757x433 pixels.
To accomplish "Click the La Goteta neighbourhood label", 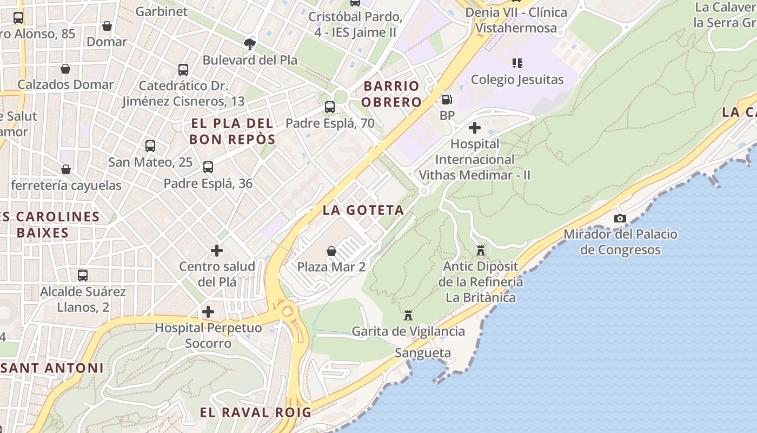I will [x=363, y=210].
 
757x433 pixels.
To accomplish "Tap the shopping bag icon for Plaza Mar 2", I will [x=331, y=251].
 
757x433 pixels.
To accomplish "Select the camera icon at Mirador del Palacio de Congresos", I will [x=620, y=219].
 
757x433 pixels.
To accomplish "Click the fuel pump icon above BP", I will [x=447, y=100].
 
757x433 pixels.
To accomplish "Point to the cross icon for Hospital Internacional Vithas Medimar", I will [x=474, y=128].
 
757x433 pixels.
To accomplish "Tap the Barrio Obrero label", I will [x=391, y=94].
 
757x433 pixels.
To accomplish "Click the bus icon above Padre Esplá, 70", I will [x=329, y=107].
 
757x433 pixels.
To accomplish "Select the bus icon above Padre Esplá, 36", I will [x=208, y=167].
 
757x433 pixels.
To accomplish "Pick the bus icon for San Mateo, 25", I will [x=150, y=146].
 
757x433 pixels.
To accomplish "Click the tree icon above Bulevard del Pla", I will [x=250, y=44].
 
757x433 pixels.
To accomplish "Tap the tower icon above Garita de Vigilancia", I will [x=408, y=315].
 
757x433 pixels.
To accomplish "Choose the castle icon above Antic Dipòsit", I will [x=480, y=250].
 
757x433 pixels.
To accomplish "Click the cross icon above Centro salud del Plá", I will [x=217, y=250].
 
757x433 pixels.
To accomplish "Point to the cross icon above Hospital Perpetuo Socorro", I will [x=208, y=312].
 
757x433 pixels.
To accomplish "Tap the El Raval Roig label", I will [x=255, y=412].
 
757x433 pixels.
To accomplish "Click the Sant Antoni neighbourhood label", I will [x=52, y=368].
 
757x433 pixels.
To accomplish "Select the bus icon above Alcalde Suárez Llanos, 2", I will [x=83, y=275].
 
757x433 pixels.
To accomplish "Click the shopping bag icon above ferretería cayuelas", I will [x=66, y=169].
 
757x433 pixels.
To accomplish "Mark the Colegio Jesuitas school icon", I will [x=517, y=63].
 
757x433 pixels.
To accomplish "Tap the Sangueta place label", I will [x=423, y=353].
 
